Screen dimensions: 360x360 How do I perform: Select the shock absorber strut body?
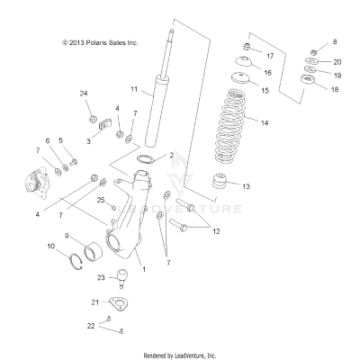click(165, 99)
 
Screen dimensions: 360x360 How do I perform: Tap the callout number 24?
click(84, 94)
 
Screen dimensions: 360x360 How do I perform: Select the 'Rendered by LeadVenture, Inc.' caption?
click(180, 355)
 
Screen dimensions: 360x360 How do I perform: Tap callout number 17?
click(270, 56)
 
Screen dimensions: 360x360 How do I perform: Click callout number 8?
click(336, 42)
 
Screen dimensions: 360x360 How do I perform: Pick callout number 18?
click(337, 90)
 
